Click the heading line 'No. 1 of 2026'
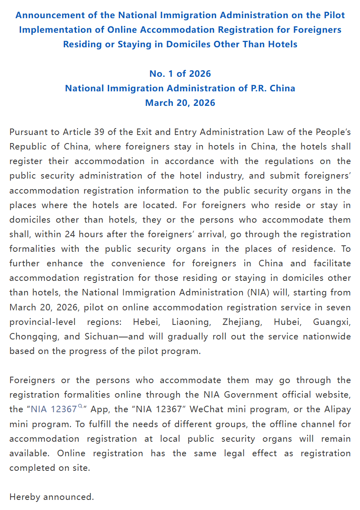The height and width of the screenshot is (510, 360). (180, 74)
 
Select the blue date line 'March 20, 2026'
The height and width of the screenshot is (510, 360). (180, 103)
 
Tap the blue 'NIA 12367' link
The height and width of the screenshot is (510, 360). (54, 409)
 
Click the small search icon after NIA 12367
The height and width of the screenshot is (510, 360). (80, 407)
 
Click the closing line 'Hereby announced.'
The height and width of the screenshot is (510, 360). (52, 497)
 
